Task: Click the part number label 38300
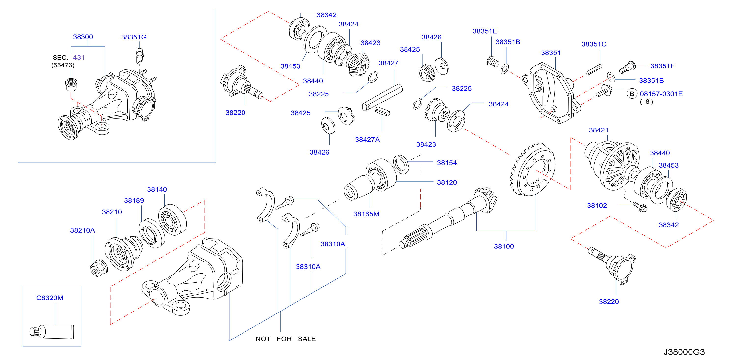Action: pos(83,37)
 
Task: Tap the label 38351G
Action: pos(134,37)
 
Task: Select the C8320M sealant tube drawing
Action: pos(52,332)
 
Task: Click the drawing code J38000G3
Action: pos(684,352)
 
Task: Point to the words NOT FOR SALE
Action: pos(286,339)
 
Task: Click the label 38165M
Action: pos(366,214)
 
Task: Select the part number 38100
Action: pos(504,246)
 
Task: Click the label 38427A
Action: pos(367,139)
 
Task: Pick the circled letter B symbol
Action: pos(632,94)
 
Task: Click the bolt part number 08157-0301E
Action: pos(661,94)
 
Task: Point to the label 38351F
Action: pos(663,66)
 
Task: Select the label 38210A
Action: pos(82,230)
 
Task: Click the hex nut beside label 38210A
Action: pos(99,268)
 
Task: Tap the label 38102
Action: pos(597,205)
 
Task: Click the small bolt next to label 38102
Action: pos(640,207)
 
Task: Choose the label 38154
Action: pos(447,163)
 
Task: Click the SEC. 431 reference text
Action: pos(68,57)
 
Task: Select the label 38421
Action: pos(599,130)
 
